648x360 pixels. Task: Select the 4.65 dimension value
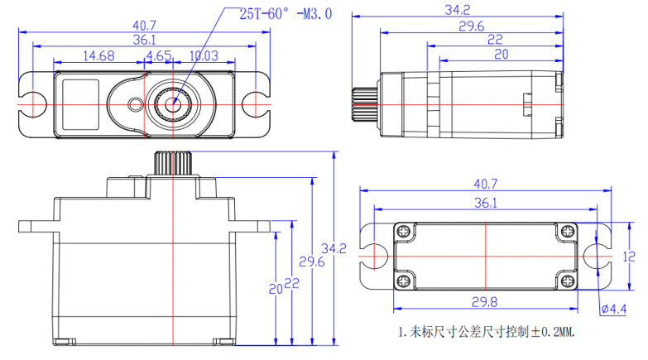(158, 55)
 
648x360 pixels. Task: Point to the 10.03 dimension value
(203, 55)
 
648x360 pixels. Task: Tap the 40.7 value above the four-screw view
(485, 184)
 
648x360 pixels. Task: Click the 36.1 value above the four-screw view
(485, 203)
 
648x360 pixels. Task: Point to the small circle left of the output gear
(136, 104)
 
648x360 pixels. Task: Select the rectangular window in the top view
(81, 104)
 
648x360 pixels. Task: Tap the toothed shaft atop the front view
(172, 162)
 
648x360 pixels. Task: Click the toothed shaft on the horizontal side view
(365, 103)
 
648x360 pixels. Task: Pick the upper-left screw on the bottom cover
(404, 230)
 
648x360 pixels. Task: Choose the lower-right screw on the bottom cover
(566, 282)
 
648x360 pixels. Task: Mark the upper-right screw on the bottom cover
(566, 230)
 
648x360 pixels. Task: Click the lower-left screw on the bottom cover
(404, 282)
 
